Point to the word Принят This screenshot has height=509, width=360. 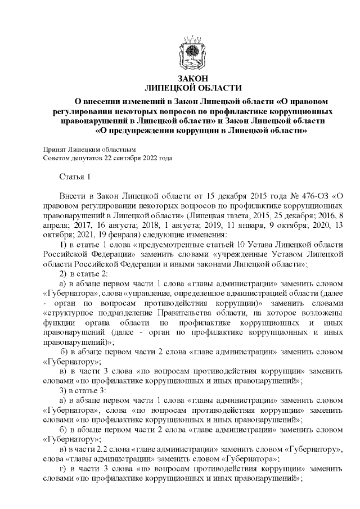click(55, 150)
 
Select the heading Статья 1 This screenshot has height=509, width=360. click(75, 178)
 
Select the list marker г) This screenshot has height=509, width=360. click(64, 471)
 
